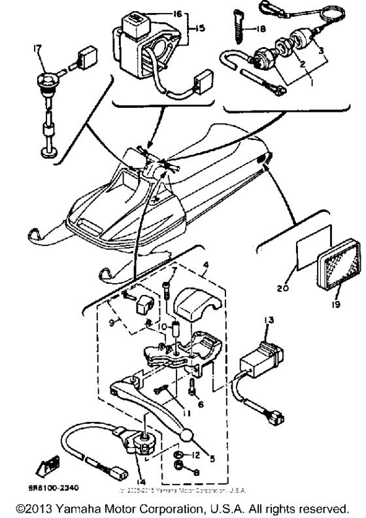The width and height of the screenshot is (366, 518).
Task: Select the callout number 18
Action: click(x=263, y=29)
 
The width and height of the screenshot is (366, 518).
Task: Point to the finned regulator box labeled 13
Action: click(x=259, y=358)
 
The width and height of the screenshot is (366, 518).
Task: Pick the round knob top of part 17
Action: click(x=46, y=85)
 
